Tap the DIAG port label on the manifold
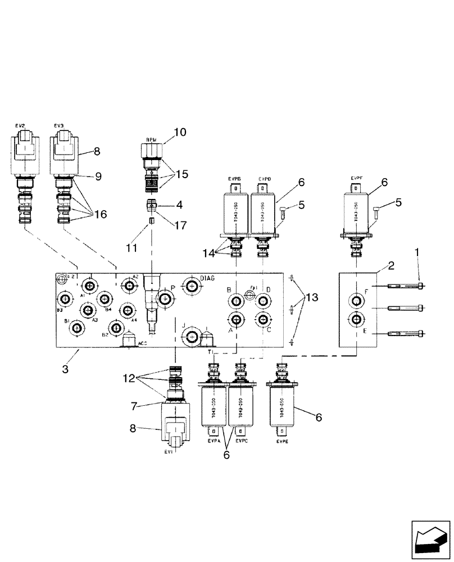pos(207,278)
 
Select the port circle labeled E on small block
pos(356,320)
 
